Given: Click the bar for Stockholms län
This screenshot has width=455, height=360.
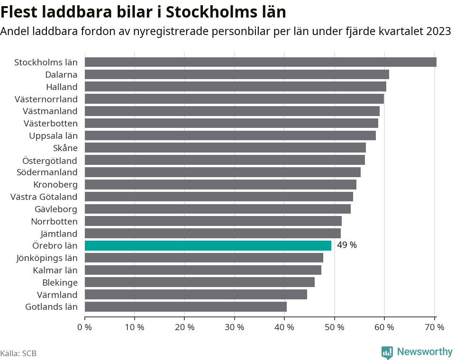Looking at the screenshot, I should coord(260,62).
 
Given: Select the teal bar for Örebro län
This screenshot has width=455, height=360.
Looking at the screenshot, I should coord(208,245).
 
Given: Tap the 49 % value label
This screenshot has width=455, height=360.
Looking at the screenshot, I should coord(346,245).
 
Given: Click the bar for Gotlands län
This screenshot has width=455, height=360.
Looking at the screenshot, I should coord(185,306).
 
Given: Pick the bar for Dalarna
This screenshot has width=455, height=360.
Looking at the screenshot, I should coord(237,74).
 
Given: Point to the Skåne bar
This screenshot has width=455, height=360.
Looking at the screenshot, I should coord(225,148).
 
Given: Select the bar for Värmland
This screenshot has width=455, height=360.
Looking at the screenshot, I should coord(196,295).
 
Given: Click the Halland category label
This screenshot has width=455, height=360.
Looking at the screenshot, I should coord(62,87).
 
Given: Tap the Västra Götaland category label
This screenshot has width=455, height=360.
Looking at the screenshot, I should coord(44,197).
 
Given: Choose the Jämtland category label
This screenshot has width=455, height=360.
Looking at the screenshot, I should coord(59,233).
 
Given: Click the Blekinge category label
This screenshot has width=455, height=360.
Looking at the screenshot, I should coord(60,282).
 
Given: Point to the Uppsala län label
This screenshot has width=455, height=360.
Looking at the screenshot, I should coord(53,135).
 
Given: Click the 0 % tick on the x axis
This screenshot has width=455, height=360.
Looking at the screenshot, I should coord(85,327).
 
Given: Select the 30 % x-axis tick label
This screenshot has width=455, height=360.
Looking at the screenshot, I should coord(235,327).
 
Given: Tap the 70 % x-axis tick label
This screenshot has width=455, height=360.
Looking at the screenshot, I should coord(434,327).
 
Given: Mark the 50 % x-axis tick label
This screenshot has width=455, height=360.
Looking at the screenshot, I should coord(335,327).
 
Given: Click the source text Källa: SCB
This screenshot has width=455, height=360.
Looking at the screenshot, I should coord(18,353).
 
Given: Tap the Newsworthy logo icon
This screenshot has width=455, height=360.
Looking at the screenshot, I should coord(387,352).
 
